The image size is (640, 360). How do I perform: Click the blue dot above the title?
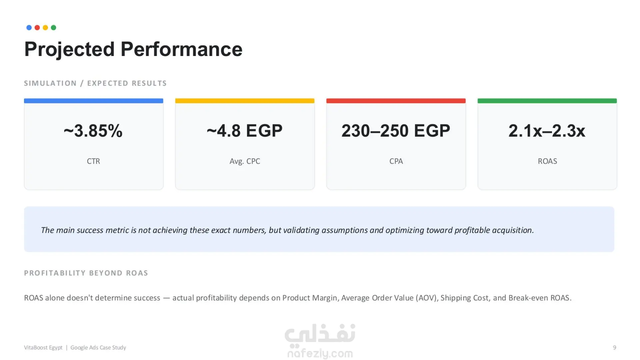click(29, 28)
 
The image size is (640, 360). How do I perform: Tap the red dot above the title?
click(37, 28)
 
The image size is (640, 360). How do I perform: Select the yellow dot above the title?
click(45, 28)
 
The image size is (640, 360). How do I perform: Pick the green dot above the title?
click(53, 28)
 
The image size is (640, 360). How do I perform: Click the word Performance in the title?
click(181, 49)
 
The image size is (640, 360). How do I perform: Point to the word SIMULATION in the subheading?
click(50, 83)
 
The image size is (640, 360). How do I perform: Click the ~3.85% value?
click(93, 131)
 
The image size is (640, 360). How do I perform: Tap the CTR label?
click(93, 161)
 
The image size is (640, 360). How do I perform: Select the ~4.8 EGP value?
click(245, 131)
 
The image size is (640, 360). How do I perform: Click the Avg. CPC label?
click(245, 162)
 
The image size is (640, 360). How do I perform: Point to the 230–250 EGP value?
click(396, 131)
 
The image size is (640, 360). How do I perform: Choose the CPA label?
click(396, 161)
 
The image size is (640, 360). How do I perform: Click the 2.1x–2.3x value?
click(547, 131)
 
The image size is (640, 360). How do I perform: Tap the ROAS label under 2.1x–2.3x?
click(547, 161)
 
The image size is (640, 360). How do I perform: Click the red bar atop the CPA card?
click(396, 101)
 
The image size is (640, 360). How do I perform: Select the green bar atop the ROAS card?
click(547, 101)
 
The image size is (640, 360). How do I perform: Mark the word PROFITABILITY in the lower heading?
click(55, 273)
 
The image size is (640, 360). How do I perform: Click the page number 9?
click(615, 348)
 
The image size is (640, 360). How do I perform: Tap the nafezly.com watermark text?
click(320, 353)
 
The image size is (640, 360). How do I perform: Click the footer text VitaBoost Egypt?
click(43, 348)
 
